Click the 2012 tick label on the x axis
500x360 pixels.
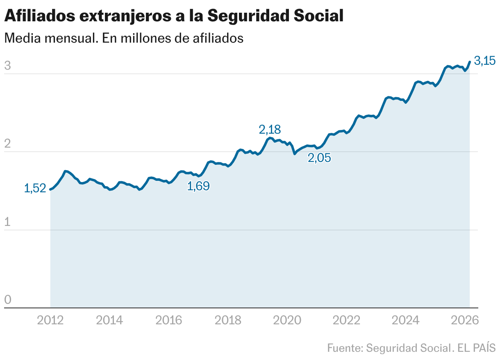point(50,320)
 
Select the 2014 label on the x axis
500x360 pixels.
point(109,320)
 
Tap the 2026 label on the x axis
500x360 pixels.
point(465,320)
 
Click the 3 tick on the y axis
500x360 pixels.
point(8,66)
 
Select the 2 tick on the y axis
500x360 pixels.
point(8,144)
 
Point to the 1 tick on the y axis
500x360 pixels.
point(8,222)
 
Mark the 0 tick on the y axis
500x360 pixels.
point(8,300)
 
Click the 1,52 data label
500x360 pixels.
point(35,189)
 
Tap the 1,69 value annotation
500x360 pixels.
point(198,187)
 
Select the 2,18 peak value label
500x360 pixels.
point(270,130)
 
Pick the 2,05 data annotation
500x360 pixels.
point(319,158)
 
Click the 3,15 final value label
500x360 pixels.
point(485,61)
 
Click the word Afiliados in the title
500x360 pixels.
point(39,16)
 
